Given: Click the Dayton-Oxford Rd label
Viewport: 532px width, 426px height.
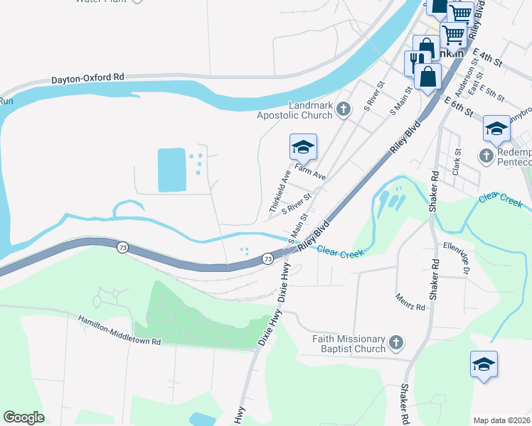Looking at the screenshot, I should point(87,78).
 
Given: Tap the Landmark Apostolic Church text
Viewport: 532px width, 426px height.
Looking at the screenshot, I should point(311,110).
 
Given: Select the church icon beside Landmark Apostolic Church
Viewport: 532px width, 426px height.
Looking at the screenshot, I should point(344,109).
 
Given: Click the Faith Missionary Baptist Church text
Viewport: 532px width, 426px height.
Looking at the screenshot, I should point(349,344).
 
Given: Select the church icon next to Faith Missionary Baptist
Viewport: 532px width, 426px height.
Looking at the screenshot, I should point(397,344).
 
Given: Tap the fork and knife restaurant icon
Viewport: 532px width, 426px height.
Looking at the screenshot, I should point(413,62).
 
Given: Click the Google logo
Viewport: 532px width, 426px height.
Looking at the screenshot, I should point(23,417).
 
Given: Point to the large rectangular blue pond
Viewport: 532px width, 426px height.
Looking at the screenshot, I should point(171,170).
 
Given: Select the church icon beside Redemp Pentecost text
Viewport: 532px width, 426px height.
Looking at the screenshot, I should point(486,155).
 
